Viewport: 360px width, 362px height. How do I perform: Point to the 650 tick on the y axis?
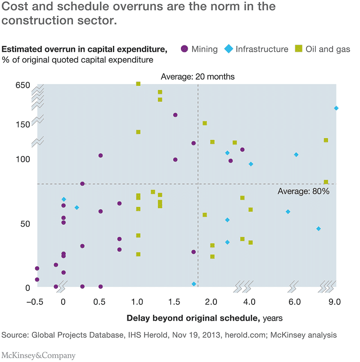(x=22, y=85)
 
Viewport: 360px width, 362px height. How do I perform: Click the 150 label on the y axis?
(x=22, y=124)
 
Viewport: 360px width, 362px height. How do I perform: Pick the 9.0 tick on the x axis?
(x=334, y=301)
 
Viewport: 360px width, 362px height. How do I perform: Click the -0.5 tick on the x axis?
(x=37, y=301)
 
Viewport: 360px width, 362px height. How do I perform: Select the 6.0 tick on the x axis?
(x=294, y=301)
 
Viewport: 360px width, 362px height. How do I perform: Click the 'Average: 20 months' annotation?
(x=198, y=76)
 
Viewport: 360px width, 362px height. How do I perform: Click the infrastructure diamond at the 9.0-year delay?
(x=336, y=108)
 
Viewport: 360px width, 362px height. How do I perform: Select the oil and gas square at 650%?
(x=138, y=84)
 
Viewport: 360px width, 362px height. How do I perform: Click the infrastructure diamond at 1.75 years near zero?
(x=194, y=284)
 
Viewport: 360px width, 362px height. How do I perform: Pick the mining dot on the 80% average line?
(x=82, y=183)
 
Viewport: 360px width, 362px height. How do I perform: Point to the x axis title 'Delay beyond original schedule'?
(x=193, y=318)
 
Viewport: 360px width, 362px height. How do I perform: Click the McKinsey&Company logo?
(x=39, y=355)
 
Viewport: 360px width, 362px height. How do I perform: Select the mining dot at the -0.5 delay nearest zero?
(x=37, y=279)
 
